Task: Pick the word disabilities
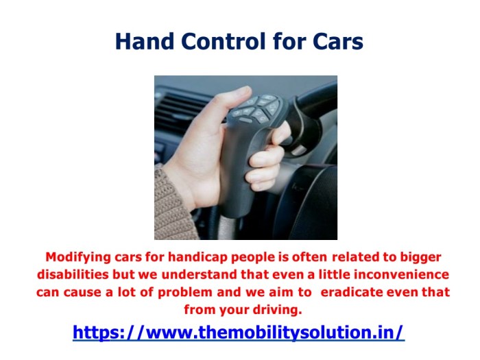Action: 72,274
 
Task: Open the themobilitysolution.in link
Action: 239,333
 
